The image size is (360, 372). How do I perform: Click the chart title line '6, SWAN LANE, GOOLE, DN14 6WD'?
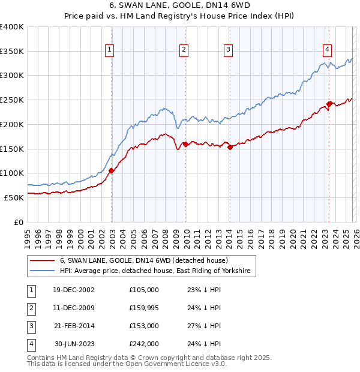click(x=179, y=6)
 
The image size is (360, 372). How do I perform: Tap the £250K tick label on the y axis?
click(x=12, y=100)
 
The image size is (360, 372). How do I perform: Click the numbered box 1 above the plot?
click(x=110, y=50)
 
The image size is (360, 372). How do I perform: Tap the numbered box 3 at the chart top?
click(x=229, y=50)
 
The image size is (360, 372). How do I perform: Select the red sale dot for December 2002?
click(x=112, y=170)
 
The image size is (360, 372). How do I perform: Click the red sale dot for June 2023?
click(x=329, y=104)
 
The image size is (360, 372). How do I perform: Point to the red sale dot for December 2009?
click(x=185, y=144)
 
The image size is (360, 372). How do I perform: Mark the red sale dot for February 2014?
click(x=230, y=147)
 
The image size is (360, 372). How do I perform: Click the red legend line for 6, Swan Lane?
click(x=42, y=260)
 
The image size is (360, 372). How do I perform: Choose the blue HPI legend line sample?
click(x=42, y=271)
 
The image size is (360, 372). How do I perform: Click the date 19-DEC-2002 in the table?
click(x=74, y=290)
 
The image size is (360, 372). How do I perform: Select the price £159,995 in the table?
click(x=144, y=308)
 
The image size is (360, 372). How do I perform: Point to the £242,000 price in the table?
click(x=144, y=344)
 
